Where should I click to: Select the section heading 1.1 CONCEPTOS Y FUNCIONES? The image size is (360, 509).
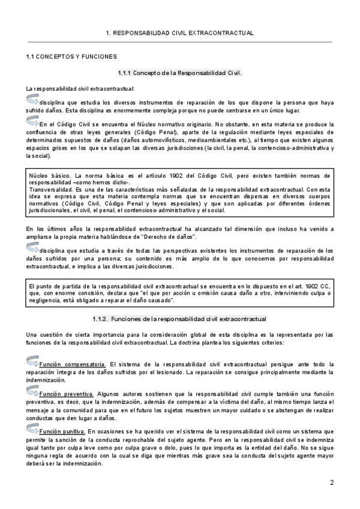[x=71, y=56]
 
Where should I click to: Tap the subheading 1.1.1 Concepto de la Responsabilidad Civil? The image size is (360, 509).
[x=180, y=73]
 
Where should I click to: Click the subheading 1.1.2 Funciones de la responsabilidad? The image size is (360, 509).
[x=180, y=319]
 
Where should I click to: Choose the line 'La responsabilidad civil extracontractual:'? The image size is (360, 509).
[x=80, y=89]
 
